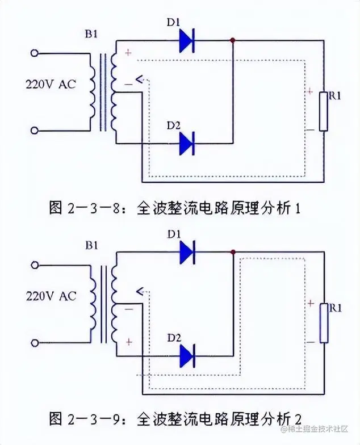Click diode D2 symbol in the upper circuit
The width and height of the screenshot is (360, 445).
click(187, 143)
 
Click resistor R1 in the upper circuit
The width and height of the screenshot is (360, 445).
click(323, 111)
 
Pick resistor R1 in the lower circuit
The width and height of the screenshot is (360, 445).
click(324, 323)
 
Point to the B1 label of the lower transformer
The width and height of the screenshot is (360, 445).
click(91, 246)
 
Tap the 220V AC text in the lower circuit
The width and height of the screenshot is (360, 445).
click(51, 296)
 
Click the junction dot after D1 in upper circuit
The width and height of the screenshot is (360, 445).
click(233, 40)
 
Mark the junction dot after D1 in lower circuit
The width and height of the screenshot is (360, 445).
click(233, 251)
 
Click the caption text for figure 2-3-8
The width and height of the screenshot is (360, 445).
click(174, 208)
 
